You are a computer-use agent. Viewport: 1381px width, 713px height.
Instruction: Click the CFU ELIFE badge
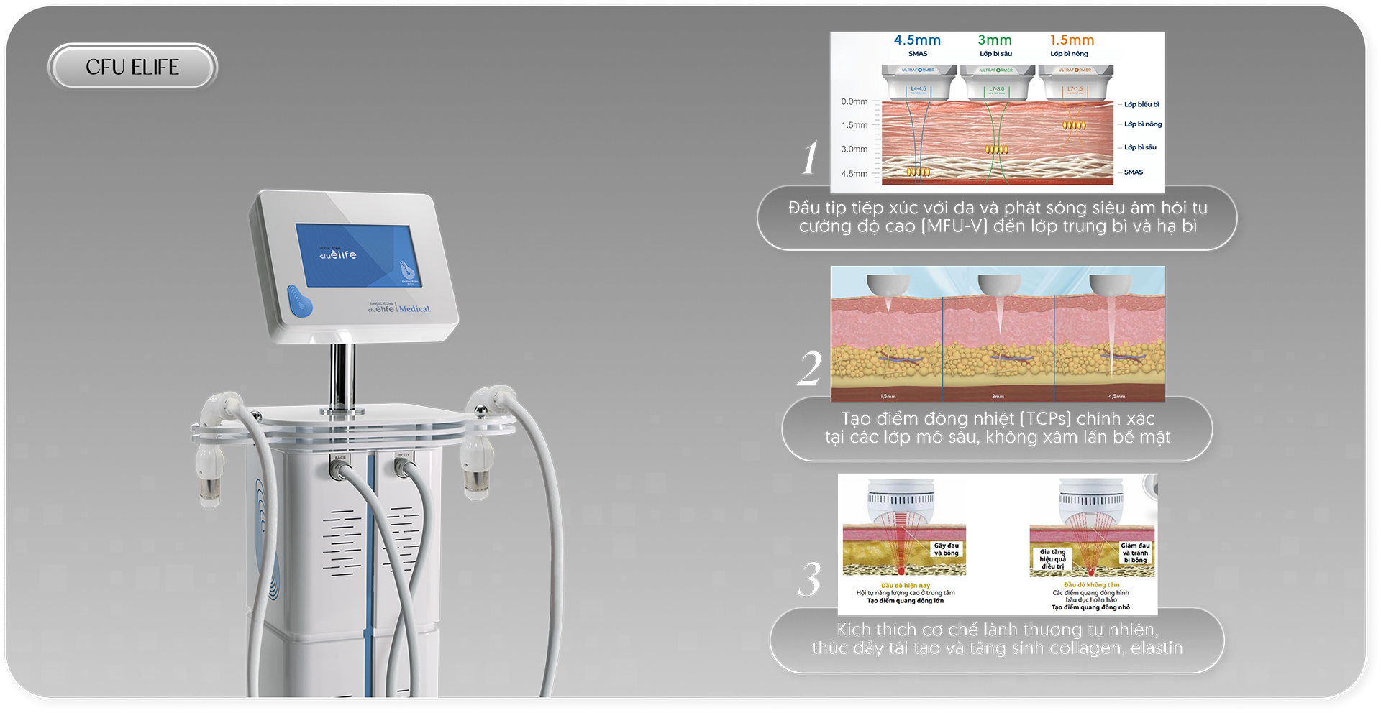pyautogui.click(x=132, y=67)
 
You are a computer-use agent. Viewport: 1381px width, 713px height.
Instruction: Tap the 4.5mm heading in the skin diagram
pyautogui.click(x=917, y=40)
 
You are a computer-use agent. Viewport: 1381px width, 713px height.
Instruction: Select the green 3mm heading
pyautogui.click(x=995, y=40)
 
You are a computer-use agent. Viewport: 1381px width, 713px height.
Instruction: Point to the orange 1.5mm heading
pyautogui.click(x=1072, y=40)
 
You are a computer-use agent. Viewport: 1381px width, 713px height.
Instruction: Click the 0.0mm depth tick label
pyautogui.click(x=854, y=102)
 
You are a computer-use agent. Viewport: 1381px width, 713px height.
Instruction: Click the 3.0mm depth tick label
pyautogui.click(x=854, y=149)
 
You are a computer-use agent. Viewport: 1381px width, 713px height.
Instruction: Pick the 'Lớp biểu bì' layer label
pyautogui.click(x=1141, y=105)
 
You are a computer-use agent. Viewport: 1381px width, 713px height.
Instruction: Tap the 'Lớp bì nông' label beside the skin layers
pyautogui.click(x=1143, y=124)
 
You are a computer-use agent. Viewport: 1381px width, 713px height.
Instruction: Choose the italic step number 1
pyautogui.click(x=811, y=157)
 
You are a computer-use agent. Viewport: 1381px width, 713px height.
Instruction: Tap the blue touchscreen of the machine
pyautogui.click(x=358, y=255)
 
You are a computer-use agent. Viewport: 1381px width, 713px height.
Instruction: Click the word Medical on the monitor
pyautogui.click(x=414, y=309)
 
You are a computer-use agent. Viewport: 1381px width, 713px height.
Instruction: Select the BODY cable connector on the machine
pyautogui.click(x=404, y=466)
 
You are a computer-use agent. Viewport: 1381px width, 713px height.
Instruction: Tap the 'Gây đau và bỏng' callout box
pyautogui.click(x=947, y=549)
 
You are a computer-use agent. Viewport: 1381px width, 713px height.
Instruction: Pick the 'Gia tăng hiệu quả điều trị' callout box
pyautogui.click(x=1052, y=559)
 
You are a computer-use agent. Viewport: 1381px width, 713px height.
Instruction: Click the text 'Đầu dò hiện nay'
pyautogui.click(x=905, y=586)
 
